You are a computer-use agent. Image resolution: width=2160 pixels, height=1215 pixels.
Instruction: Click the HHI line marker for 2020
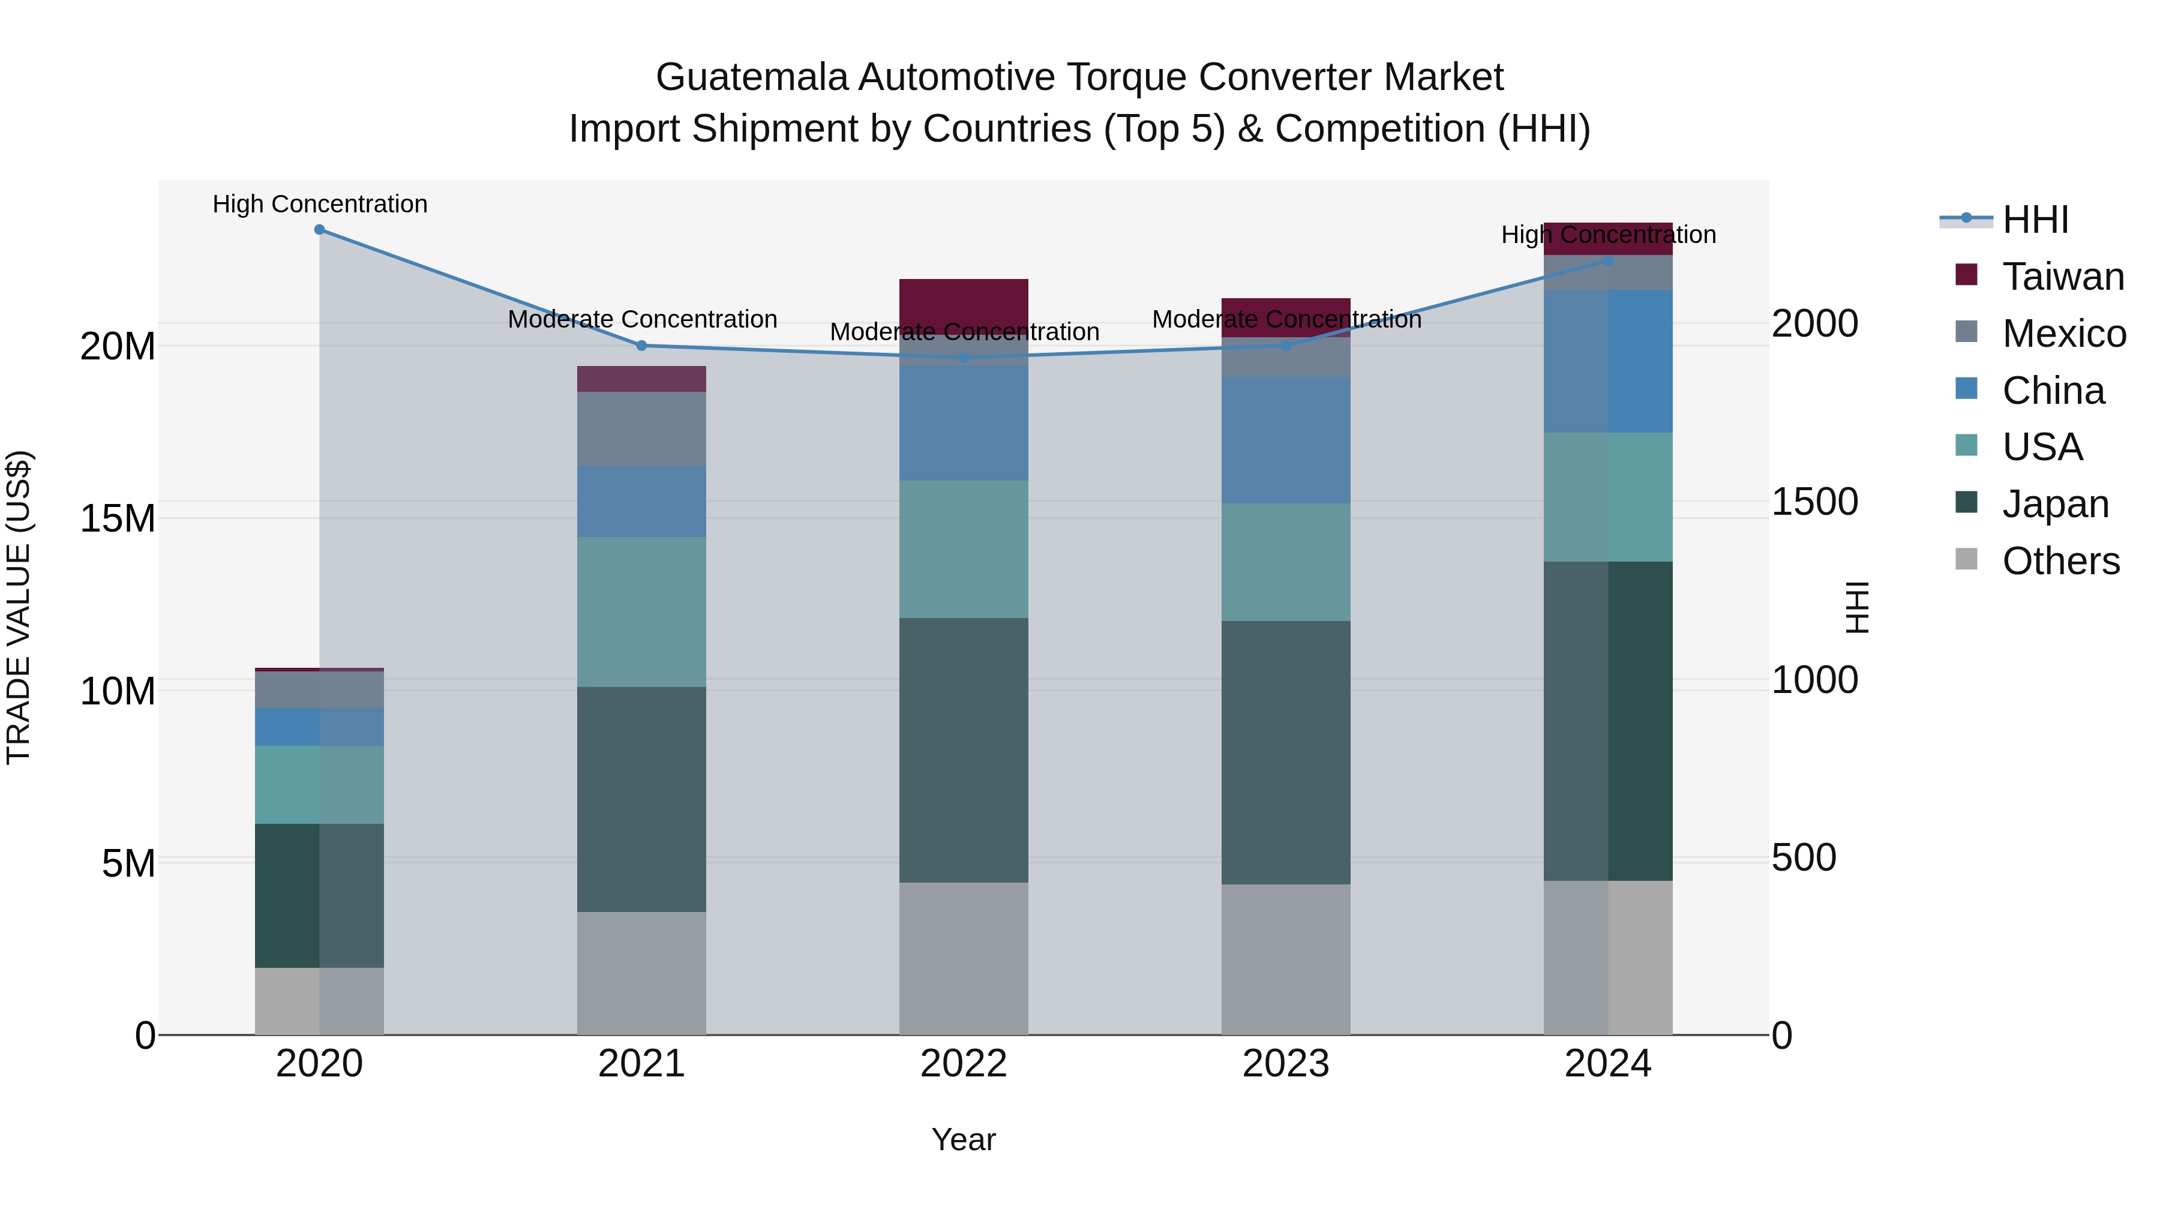(319, 230)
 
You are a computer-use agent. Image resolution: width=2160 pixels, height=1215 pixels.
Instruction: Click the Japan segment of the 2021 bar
(641, 799)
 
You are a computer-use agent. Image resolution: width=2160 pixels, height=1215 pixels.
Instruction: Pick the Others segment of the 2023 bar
(1285, 959)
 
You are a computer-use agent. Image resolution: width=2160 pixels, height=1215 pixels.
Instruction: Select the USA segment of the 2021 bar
(641, 612)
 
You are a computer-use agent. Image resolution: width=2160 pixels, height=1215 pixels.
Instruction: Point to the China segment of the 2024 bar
(1607, 361)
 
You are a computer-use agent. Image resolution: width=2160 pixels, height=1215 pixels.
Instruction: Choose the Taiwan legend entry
(2063, 277)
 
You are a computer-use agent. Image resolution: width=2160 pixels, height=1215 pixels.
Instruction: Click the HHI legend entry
(2035, 220)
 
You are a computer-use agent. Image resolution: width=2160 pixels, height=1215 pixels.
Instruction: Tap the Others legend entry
(2060, 561)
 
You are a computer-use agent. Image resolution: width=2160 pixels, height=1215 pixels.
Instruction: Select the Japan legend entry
(2054, 504)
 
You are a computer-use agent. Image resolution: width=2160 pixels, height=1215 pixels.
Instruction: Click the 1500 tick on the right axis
(1814, 502)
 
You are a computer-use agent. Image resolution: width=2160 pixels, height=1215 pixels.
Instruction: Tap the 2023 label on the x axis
(1285, 1064)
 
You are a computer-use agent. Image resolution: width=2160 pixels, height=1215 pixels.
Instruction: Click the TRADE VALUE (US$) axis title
(19, 607)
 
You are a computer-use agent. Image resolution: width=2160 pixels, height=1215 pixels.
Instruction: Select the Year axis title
(964, 1139)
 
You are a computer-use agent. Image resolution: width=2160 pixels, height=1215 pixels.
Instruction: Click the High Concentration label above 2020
(319, 204)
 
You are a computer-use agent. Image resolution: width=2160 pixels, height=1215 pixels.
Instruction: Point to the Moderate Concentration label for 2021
(642, 319)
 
